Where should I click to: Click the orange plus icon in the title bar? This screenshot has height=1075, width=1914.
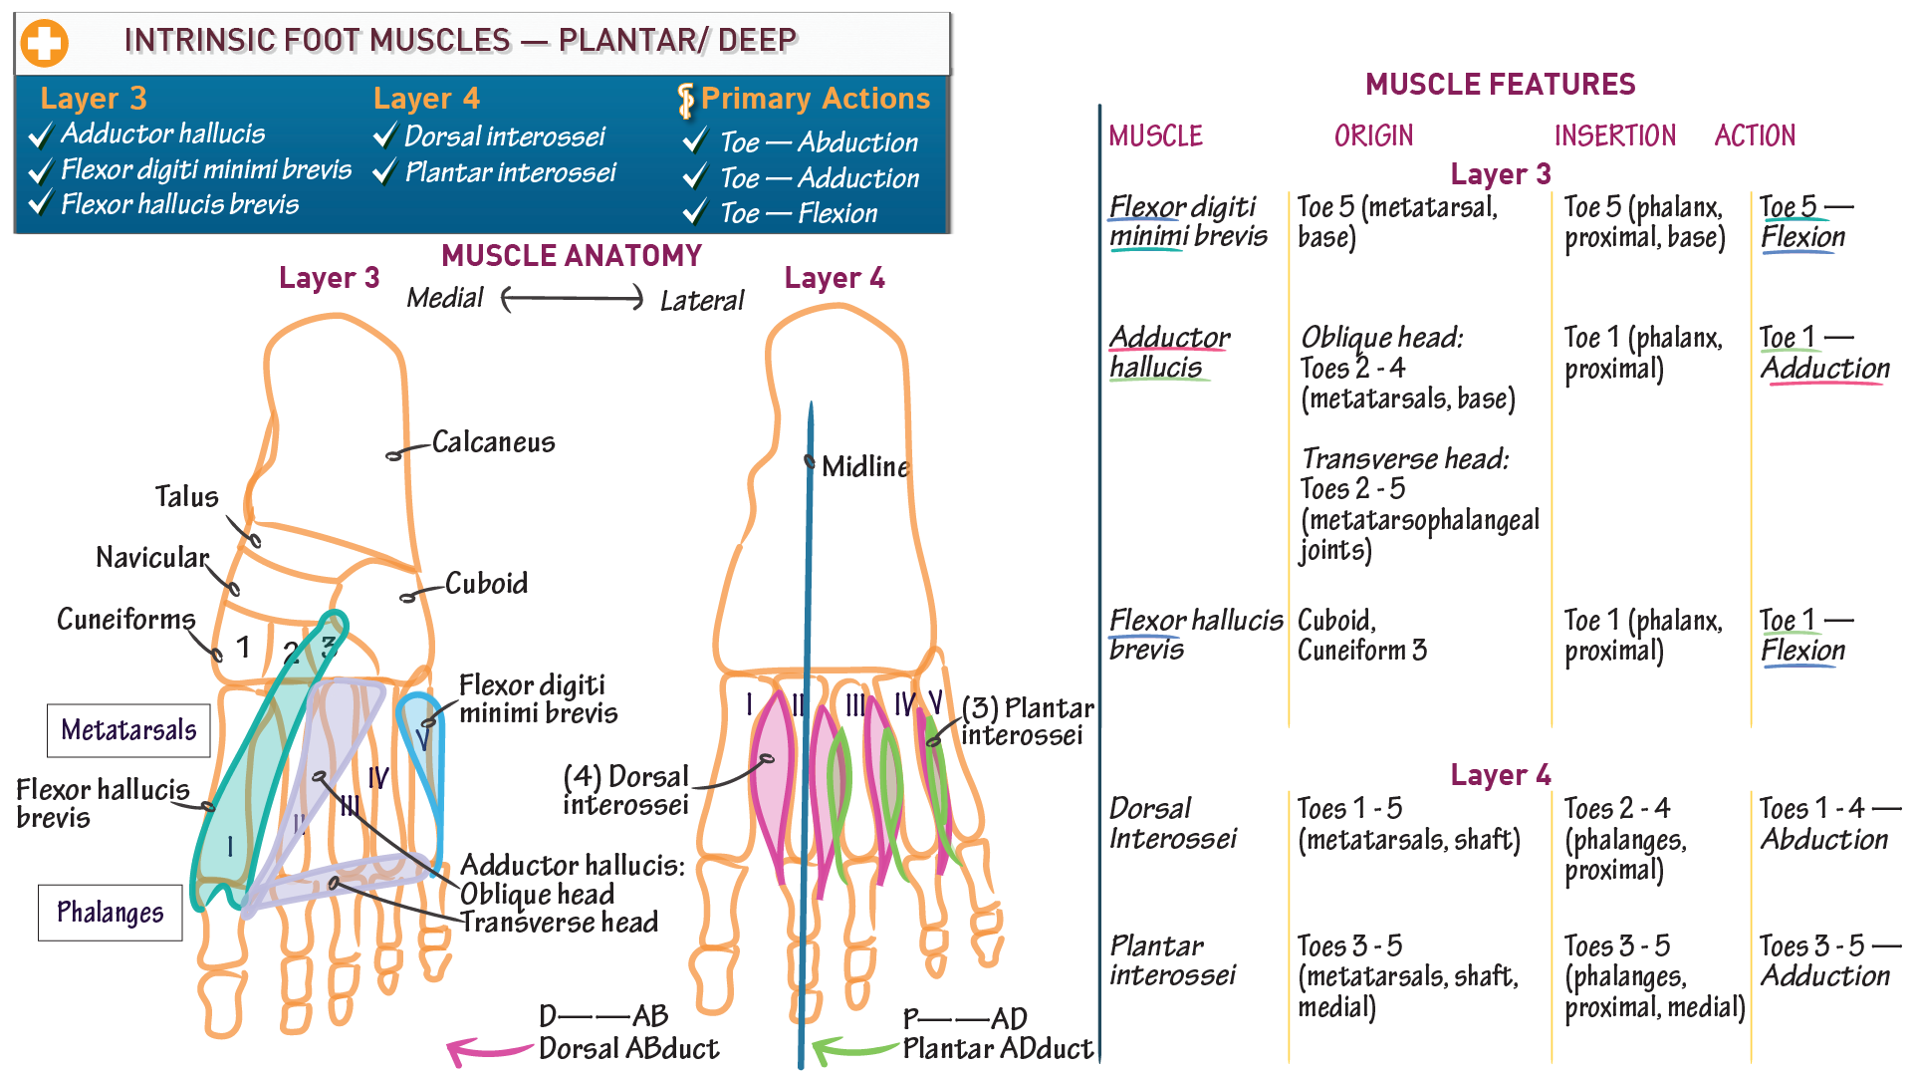45,43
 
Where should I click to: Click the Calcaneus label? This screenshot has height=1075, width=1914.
493,442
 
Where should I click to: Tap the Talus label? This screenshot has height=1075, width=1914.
186,496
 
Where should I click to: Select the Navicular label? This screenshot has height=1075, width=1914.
152,557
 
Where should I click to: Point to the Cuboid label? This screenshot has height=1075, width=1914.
486,583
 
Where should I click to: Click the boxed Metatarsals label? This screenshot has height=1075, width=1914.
128,730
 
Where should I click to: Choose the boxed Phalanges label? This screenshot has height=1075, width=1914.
111,913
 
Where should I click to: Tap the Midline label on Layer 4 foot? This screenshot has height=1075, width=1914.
865,466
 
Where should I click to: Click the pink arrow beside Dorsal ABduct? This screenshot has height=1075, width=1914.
488,1050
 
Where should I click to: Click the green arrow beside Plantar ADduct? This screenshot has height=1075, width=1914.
853,1050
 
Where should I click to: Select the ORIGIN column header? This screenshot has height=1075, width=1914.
1373,135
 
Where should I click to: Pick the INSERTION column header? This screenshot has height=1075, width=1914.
1614,135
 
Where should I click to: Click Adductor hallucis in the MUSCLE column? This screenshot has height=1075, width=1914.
1169,352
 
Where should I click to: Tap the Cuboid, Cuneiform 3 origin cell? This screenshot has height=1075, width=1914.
1361,635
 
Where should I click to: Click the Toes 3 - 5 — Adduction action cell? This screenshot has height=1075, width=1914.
1828,960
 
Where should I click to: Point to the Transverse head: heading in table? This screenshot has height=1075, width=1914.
1404,459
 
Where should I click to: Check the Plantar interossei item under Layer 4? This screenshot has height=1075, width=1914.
510,172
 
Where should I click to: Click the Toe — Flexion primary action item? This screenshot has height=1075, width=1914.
798,213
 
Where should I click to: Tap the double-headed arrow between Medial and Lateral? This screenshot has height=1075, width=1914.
573,298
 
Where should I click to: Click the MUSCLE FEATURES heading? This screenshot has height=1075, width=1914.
1500,85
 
